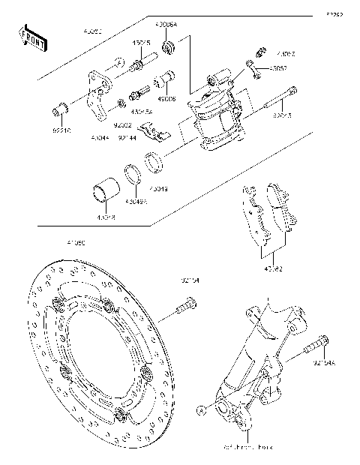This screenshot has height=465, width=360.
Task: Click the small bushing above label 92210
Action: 58,111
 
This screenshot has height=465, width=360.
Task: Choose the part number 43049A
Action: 136,201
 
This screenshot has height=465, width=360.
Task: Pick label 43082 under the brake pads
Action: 272,267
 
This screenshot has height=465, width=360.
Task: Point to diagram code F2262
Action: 334,13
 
